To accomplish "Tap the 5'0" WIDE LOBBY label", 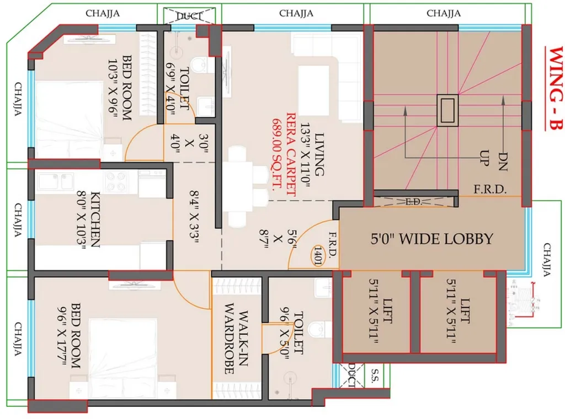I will (x=431, y=239).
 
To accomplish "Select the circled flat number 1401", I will (x=318, y=255).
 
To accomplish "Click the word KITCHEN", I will (x=95, y=219).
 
